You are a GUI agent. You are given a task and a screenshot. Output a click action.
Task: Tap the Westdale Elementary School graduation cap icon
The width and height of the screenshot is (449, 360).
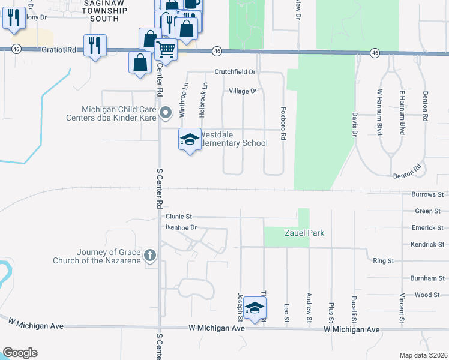click(190, 140)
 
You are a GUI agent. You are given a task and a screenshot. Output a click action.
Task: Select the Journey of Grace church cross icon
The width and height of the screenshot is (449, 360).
click(150, 256)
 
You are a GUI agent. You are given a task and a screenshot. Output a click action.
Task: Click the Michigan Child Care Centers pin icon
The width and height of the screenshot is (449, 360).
click(166, 112)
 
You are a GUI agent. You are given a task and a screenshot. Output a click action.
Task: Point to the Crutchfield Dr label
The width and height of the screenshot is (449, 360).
click(235, 72)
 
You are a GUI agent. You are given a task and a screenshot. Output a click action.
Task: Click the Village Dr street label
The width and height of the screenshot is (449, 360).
click(243, 91)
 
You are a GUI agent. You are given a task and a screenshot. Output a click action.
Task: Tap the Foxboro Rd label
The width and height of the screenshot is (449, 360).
click(283, 124)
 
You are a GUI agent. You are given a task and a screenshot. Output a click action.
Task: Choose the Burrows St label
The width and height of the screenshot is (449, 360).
click(427, 195)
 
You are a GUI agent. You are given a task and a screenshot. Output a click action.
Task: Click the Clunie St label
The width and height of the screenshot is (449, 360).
click(179, 216)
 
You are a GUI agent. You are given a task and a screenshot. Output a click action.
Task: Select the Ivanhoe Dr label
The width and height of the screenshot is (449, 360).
click(182, 227)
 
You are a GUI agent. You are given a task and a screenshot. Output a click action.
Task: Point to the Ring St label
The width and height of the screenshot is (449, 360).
click(383, 261)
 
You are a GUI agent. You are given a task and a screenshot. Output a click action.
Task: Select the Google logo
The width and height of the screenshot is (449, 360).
click(20, 353)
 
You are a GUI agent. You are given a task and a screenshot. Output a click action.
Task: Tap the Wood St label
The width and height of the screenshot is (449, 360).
click(427, 295)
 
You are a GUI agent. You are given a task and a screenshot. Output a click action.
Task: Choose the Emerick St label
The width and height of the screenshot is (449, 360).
click(427, 228)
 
